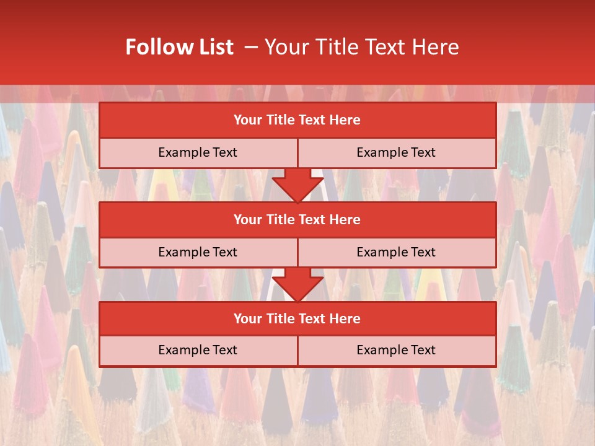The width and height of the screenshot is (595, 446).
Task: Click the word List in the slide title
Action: (x=213, y=47)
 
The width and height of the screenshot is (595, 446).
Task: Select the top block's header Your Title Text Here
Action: (x=297, y=120)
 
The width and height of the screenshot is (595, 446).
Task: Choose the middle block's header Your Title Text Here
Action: (x=297, y=219)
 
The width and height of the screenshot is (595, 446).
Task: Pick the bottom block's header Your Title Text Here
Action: (x=297, y=318)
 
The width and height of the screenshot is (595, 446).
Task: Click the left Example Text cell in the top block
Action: (x=198, y=152)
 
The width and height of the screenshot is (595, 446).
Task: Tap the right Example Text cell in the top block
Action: (x=396, y=152)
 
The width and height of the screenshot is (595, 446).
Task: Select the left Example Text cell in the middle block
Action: (x=198, y=252)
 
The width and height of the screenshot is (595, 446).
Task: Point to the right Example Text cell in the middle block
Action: (x=396, y=252)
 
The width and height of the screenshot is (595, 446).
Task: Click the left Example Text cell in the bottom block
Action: (x=198, y=350)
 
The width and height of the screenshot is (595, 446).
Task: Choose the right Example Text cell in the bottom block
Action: (x=396, y=350)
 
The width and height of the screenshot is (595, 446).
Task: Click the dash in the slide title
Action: (x=251, y=47)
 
